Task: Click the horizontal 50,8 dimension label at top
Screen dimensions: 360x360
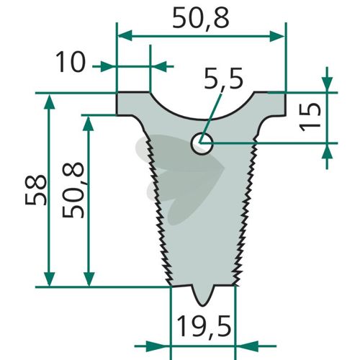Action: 201,18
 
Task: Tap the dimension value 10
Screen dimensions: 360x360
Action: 71,62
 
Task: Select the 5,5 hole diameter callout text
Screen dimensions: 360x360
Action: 223,78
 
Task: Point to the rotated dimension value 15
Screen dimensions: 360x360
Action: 310,117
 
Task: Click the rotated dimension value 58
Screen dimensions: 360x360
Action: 35,190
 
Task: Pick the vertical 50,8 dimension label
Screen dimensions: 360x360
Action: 73,190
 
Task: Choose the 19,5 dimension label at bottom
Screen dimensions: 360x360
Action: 204,327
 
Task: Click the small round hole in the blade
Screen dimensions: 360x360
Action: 202,144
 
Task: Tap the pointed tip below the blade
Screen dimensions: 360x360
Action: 203,305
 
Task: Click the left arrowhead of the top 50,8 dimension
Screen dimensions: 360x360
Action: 125,35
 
